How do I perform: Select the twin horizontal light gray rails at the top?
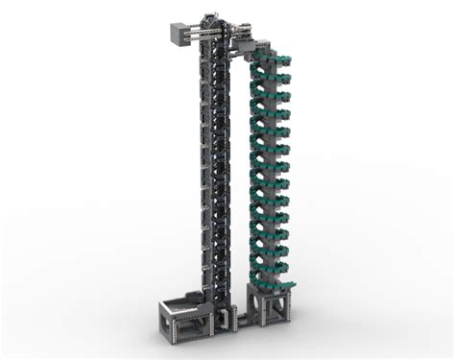click(206, 35)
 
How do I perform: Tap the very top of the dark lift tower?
click(221, 21)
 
